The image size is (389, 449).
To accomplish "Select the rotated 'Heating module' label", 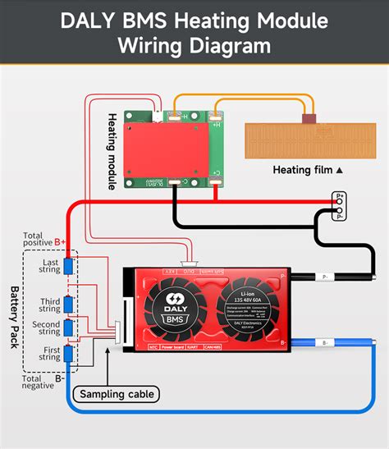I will pos(112,152).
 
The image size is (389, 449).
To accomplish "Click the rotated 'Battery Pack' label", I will pos(14,317).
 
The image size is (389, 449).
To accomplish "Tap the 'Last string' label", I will pos(49,267).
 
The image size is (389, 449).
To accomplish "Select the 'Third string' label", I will pos(49,305).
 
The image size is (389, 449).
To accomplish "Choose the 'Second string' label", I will pos(47,328).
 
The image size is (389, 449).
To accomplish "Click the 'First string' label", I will pos(49,353).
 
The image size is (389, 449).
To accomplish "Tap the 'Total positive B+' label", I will pos(43,239).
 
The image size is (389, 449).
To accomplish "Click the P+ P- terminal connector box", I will pos(336,208).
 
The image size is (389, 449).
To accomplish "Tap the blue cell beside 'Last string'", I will pos(69,267).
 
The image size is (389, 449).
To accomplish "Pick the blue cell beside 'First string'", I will pos(69,354).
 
